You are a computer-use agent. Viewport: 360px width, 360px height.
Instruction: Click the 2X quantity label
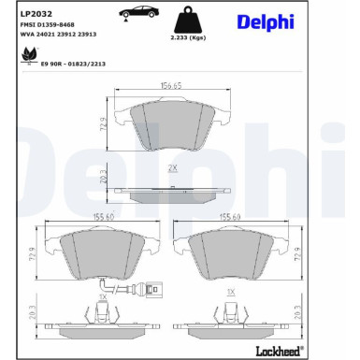point(172,167)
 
